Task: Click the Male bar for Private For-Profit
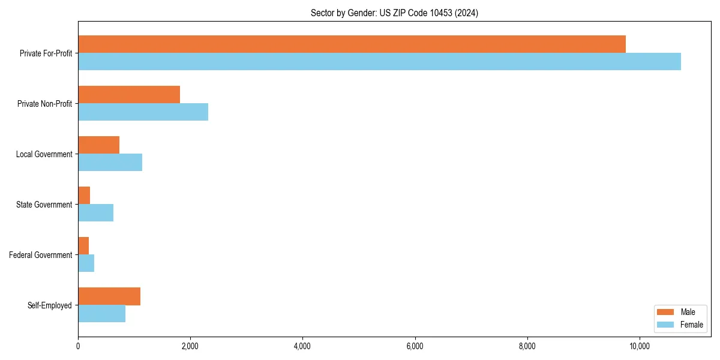point(352,44)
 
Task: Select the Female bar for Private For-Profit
point(379,62)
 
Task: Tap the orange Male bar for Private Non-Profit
point(129,95)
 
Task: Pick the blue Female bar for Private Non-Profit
point(143,112)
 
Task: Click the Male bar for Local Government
point(98,145)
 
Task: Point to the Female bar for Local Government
point(110,163)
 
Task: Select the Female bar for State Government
point(95,213)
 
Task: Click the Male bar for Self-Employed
point(109,296)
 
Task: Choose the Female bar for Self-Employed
point(101,314)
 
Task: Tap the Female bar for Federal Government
point(86,263)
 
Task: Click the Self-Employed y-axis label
point(50,305)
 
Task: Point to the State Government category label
point(44,205)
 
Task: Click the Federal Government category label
point(41,255)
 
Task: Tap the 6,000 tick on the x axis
point(415,346)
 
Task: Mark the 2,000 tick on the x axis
point(190,346)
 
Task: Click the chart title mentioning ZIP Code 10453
point(394,13)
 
